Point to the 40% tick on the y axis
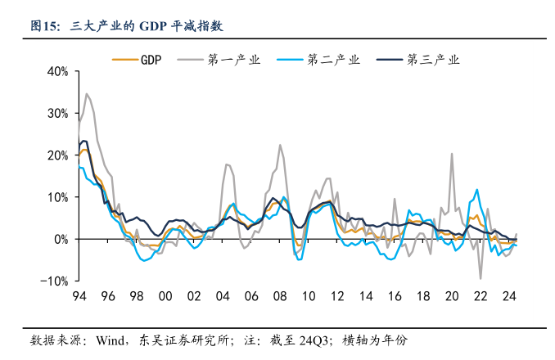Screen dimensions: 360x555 57,71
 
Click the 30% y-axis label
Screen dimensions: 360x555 57,113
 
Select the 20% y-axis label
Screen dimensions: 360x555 57,155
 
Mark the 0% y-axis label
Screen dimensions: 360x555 61,239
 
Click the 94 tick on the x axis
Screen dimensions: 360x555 79,296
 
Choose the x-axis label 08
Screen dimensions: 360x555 279,296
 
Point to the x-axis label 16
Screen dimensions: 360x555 394,296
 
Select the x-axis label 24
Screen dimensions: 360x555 508,296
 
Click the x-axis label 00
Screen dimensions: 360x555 165,296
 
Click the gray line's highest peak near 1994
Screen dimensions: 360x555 87,93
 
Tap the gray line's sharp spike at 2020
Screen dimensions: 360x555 451,153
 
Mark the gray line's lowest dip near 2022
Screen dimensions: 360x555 481,279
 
